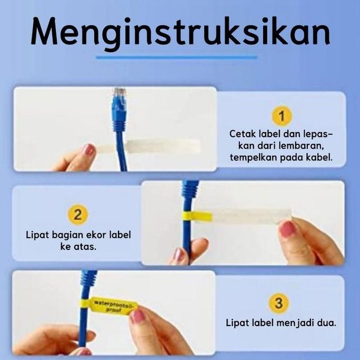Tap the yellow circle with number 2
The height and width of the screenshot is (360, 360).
pyautogui.click(x=78, y=214)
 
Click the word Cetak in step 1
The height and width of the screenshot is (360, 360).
pyautogui.click(x=241, y=134)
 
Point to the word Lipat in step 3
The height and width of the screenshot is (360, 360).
pyautogui.click(x=237, y=322)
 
